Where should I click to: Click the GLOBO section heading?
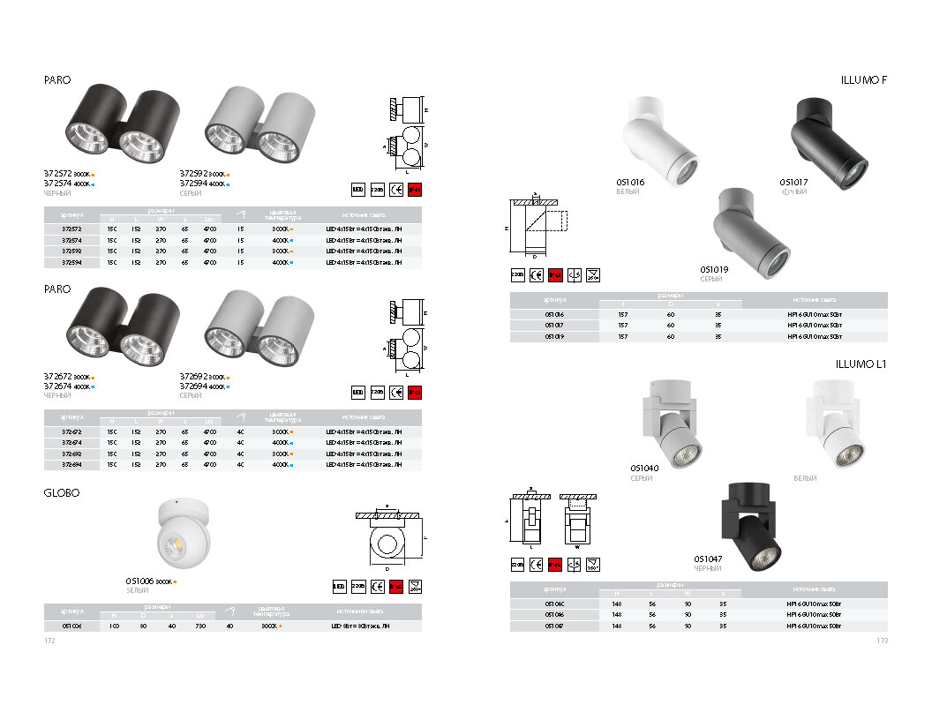(62, 493)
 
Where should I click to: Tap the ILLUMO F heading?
(864, 80)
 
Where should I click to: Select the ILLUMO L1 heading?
(861, 364)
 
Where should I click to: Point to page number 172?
(49, 641)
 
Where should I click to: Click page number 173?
(882, 641)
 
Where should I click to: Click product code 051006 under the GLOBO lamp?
(139, 581)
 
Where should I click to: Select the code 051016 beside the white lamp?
(630, 182)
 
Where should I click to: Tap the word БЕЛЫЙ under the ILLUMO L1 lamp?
(805, 478)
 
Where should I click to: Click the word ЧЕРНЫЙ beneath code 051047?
(708, 569)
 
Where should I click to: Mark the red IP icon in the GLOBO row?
(396, 584)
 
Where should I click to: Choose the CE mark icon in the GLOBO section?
(378, 584)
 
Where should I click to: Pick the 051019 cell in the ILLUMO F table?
(554, 336)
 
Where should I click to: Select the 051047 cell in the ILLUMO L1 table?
(554, 625)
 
